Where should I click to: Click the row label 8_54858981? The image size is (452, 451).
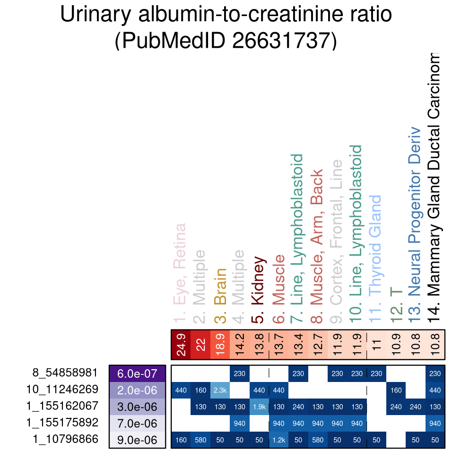click(65, 373)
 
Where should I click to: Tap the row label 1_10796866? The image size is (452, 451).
click(65, 439)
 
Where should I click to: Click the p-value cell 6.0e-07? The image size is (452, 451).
click(137, 373)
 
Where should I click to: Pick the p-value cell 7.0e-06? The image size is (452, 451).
click(137, 423)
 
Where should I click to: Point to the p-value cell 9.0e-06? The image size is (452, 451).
click(137, 440)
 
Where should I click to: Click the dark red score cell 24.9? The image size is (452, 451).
click(181, 345)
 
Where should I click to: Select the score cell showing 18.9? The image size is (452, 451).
click(220, 345)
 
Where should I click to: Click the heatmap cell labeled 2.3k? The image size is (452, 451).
click(220, 390)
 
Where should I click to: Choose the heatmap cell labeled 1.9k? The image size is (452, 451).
click(259, 407)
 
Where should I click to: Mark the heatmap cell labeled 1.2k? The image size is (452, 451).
click(278, 440)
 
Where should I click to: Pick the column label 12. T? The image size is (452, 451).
click(396, 304)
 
